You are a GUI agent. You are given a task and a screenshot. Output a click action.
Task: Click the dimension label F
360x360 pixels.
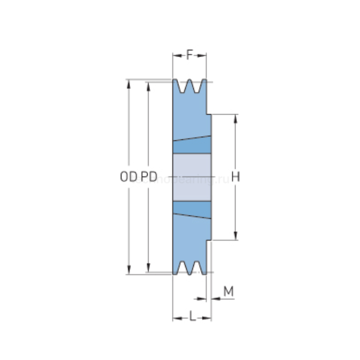190,55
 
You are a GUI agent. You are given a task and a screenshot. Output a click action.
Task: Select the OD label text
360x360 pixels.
128,177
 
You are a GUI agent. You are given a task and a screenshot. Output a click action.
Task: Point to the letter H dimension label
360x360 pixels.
236,177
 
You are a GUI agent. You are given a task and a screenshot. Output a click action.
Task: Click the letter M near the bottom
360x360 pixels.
228,292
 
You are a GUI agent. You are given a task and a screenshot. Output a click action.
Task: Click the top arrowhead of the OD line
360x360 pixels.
129,83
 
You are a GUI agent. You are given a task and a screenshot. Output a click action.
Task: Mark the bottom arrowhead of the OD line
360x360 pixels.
129,270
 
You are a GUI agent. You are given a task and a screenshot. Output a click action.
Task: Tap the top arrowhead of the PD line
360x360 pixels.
149,86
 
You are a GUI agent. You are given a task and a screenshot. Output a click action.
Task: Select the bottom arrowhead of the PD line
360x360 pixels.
149,268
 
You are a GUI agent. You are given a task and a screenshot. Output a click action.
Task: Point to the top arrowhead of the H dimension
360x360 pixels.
236,118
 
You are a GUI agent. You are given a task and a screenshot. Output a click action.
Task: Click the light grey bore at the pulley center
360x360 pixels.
192,177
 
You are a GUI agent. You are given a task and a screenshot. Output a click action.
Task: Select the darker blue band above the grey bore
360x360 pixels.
192,147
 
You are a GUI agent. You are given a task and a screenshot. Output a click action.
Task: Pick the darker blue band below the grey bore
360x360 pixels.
192,208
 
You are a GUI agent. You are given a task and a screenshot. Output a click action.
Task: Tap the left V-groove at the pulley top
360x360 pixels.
183,86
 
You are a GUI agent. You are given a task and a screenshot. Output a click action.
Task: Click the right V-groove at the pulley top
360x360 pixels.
196,86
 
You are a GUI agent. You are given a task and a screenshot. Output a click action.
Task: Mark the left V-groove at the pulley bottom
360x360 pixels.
183,267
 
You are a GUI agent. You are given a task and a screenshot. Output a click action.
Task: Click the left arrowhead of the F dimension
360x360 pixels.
175,55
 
